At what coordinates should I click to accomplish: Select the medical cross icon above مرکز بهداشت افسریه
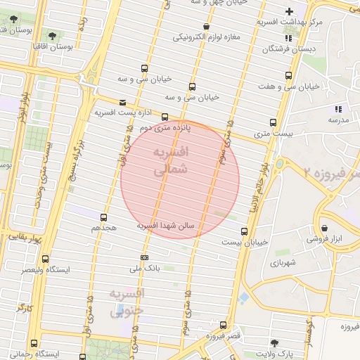pyautogui.click(x=289, y=11)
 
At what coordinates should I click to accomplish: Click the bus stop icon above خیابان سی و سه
pyautogui.click(x=144, y=68)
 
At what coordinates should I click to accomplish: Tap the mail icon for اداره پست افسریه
pyautogui.click(x=123, y=102)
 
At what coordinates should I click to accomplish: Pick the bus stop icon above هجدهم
pyautogui.click(x=104, y=217)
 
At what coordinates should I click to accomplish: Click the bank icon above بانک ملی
pyautogui.click(x=145, y=257)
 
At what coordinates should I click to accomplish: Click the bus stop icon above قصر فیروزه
pyautogui.click(x=223, y=325)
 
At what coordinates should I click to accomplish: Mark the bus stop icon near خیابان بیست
pyautogui.click(x=244, y=231)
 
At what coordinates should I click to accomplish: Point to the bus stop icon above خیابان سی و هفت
pyautogui.click(x=288, y=74)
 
